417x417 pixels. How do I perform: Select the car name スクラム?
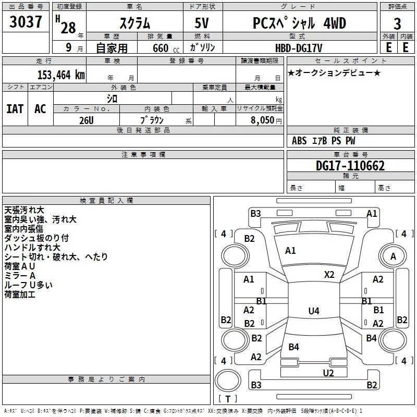(135, 23)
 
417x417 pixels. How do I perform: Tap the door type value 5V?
(203, 23)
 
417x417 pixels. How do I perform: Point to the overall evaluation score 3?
(397, 23)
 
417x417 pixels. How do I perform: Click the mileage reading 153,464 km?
(61, 75)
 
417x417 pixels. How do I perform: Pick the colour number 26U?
(87, 119)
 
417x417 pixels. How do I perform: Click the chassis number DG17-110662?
(350, 166)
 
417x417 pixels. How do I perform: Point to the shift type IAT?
(15, 108)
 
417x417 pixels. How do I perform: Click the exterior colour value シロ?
(112, 98)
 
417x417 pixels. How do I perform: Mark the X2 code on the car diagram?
(329, 274)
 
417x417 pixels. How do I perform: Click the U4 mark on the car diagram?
(313, 311)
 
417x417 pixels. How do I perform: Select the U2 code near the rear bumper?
(328, 373)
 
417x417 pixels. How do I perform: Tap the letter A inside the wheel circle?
(393, 256)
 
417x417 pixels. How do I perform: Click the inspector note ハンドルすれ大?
(32, 247)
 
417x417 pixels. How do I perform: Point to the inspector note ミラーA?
(20, 275)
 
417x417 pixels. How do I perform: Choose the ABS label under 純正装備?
(299, 141)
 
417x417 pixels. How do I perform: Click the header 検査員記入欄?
(106, 200)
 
